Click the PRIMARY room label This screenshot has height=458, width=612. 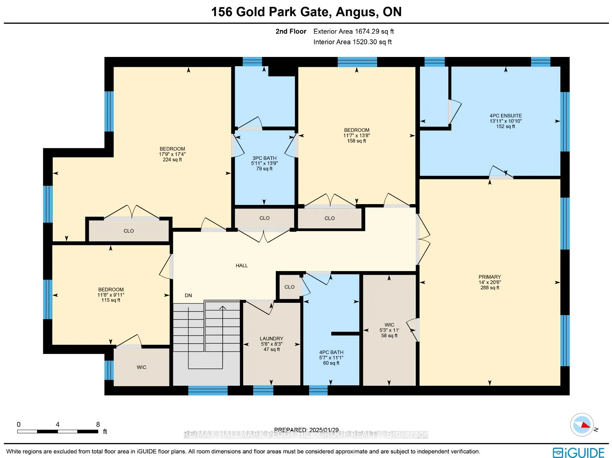490,277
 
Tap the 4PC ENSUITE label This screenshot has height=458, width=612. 505,115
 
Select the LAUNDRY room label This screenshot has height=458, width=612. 272,338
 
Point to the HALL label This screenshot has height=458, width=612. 242,265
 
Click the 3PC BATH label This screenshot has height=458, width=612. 264,158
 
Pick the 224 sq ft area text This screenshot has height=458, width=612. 172,160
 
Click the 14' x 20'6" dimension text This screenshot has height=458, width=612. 490,282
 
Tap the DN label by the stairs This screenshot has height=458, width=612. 188,295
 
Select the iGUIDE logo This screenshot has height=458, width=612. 578,453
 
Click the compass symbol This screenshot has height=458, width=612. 582,424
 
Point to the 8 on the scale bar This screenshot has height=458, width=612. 98,424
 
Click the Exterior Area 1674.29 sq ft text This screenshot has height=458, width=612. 353,31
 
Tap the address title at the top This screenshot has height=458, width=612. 306,12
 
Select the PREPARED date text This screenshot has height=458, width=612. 306,430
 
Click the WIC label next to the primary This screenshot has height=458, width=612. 389,325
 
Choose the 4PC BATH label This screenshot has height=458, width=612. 331,352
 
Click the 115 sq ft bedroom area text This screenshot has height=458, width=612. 111,300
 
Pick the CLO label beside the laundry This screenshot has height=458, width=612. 290,287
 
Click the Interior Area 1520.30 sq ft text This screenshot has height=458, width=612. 352,42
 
